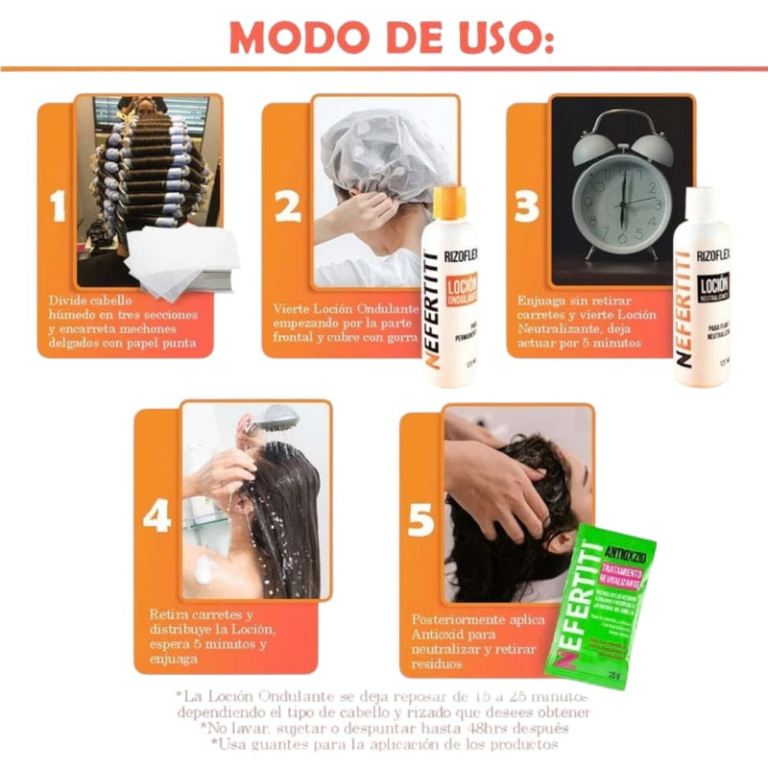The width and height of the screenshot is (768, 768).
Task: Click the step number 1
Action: pyautogui.click(x=59, y=206)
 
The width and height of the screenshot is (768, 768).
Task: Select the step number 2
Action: pyautogui.click(x=287, y=207)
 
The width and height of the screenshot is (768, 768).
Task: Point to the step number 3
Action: pyautogui.click(x=526, y=207)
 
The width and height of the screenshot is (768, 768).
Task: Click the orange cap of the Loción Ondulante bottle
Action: pyautogui.click(x=449, y=203)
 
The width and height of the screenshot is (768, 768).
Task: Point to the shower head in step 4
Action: pyautogui.click(x=277, y=419)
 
